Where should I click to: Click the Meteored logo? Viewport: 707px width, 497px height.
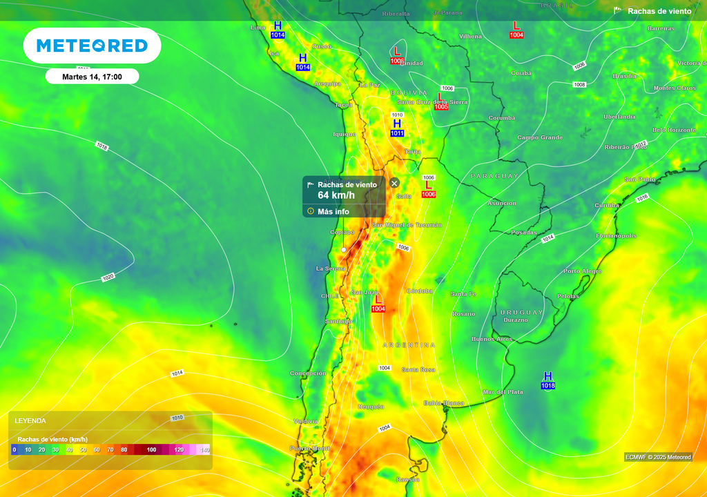coord(92,46)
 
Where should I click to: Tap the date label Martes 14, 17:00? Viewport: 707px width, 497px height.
coord(92,77)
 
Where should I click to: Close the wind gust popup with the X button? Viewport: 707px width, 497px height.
coord(394,183)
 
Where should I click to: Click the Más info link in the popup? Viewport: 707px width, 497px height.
coord(333,211)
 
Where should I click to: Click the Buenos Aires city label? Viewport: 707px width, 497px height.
coord(492,339)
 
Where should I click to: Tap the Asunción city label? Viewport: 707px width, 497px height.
coord(502,203)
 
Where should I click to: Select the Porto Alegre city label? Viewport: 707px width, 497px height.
coord(582,271)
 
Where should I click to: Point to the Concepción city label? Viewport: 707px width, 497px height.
coord(308,373)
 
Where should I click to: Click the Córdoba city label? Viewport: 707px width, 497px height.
coord(420,291)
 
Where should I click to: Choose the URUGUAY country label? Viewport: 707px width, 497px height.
coord(521,312)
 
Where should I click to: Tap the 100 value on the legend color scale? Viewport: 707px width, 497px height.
coord(152,450)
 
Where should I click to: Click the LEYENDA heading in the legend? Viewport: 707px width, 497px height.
coord(31,420)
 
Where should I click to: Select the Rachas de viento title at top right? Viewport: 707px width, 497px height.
coord(659,11)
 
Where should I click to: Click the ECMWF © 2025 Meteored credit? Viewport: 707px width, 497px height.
coord(658,457)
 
